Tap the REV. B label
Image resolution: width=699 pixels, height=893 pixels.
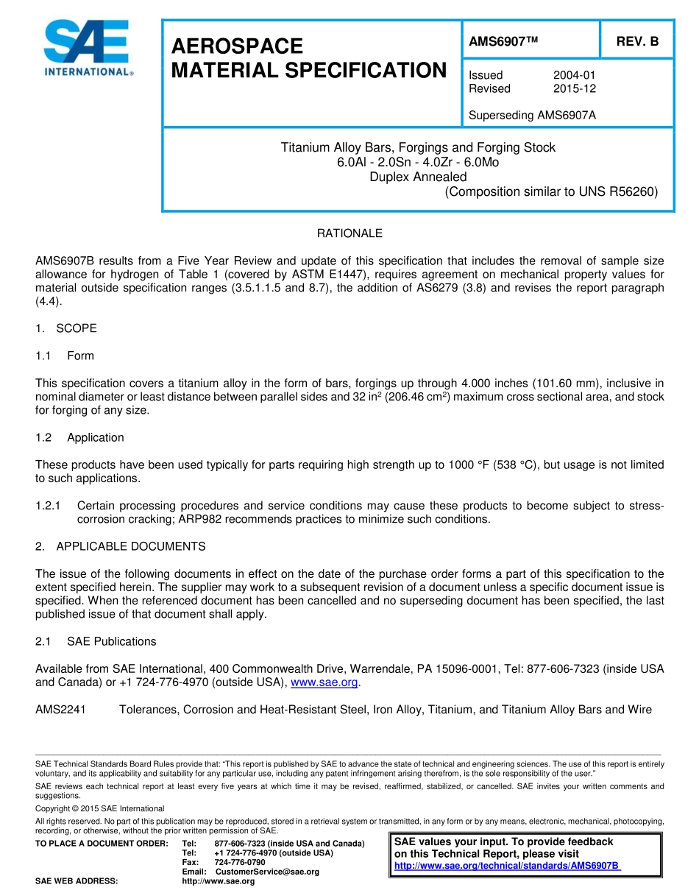(637, 41)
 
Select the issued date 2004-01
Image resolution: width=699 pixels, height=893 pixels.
(574, 75)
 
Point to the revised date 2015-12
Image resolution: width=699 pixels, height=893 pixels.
(574, 88)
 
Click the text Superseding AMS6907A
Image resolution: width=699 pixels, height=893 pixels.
(532, 115)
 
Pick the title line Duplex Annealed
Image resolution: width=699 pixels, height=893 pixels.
(418, 177)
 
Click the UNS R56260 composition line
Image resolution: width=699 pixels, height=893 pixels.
(551, 192)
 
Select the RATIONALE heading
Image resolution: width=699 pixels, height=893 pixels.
(349, 233)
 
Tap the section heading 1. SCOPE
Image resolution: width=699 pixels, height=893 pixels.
(66, 328)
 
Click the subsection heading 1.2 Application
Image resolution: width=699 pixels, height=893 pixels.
(81, 437)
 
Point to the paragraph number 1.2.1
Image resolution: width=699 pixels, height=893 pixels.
(49, 506)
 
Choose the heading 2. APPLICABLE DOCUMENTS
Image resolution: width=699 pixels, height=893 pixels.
(121, 546)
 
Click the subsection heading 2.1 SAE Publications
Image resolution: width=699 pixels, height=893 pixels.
(96, 641)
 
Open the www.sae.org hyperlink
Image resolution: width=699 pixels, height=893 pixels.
(324, 682)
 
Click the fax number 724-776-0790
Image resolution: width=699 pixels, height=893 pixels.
(240, 862)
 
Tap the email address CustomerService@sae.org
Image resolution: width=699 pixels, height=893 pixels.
(267, 872)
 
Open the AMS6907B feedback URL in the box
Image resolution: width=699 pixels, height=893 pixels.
(507, 866)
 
